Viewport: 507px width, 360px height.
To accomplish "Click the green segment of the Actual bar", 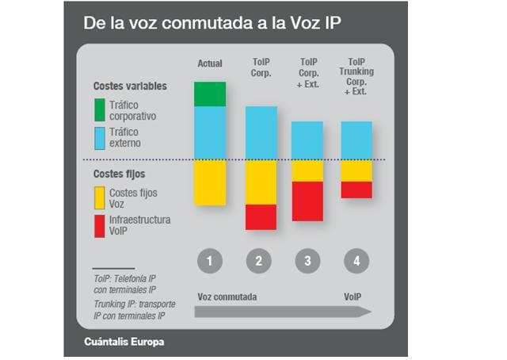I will tap(210, 94).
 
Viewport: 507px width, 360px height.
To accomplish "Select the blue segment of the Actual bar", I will tap(210, 132).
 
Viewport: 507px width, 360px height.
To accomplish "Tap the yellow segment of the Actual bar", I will tap(210, 182).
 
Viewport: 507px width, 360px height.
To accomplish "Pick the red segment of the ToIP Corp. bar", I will tap(261, 216).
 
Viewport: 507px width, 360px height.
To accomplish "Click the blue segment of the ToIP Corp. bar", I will tap(261, 132).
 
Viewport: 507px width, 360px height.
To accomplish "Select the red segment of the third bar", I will tap(307, 201).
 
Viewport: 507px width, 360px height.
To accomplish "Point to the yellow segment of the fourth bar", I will tap(356, 170).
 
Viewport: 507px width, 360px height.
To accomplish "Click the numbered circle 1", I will tap(210, 260).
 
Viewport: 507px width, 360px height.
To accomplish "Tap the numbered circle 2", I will tap(259, 260).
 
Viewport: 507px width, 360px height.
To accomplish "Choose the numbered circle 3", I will tap(307, 260).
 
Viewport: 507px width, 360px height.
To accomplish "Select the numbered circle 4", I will tap(356, 260).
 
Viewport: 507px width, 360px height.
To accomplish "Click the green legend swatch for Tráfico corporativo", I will tap(100, 110).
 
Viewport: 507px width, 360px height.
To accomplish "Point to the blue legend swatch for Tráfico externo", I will tap(100, 138).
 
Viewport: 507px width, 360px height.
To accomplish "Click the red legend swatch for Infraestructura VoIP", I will tap(100, 225).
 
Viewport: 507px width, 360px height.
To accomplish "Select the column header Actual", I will tap(209, 63).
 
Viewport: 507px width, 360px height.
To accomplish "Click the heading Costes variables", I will tap(130, 86).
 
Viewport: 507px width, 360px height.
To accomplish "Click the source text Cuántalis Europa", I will tap(124, 343).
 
